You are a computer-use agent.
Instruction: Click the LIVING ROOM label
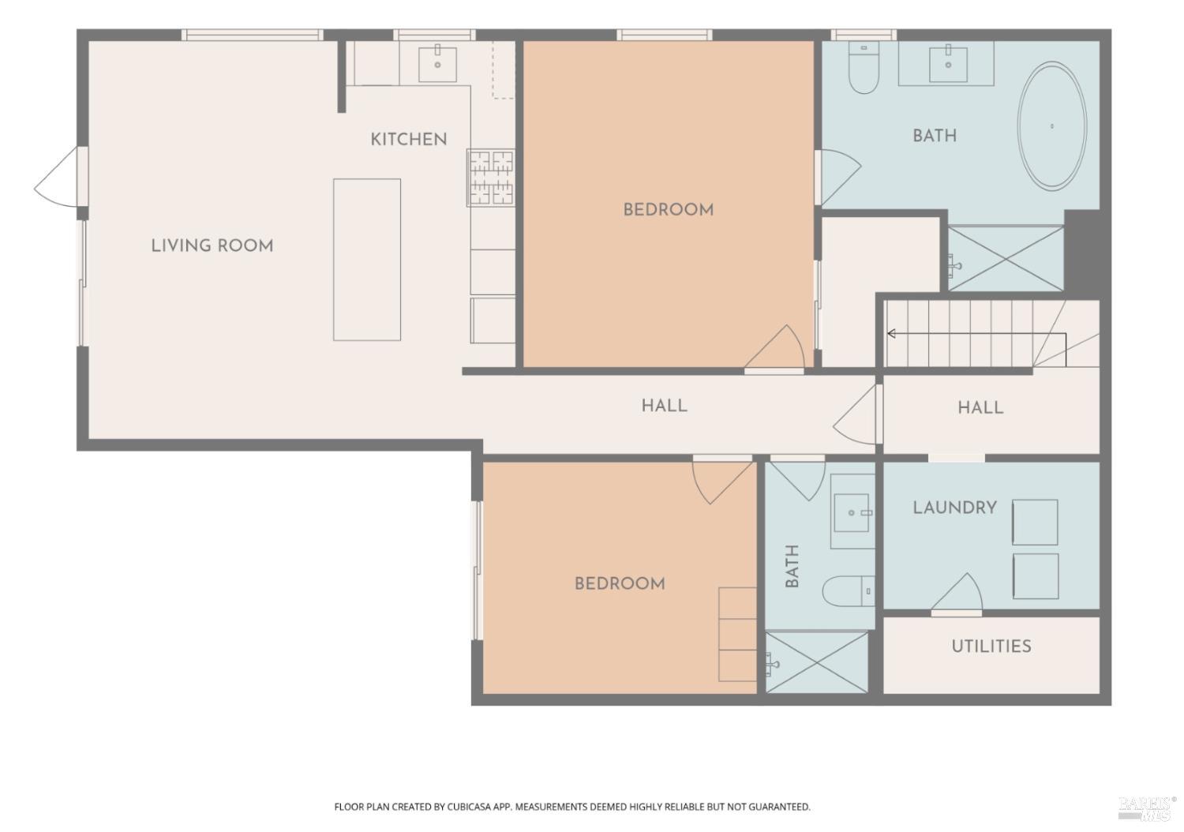tap(212, 245)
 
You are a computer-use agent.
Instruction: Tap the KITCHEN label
tap(409, 140)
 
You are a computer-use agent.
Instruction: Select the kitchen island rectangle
tap(367, 260)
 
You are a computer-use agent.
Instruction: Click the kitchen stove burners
tap(492, 178)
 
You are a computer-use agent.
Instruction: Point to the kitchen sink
tap(437, 62)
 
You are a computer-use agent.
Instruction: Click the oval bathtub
tap(1052, 126)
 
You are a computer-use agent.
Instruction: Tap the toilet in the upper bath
tap(865, 69)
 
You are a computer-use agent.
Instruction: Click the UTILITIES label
tap(991, 646)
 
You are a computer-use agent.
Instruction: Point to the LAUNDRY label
tap(955, 508)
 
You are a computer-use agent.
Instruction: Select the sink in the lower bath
tap(852, 513)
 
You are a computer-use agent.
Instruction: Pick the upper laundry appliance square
tap(1035, 522)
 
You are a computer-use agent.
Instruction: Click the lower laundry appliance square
tap(1035, 575)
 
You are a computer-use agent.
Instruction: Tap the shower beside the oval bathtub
tap(1006, 258)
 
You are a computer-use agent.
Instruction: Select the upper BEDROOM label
tap(669, 210)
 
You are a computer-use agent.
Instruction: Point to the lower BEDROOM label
tap(620, 584)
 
